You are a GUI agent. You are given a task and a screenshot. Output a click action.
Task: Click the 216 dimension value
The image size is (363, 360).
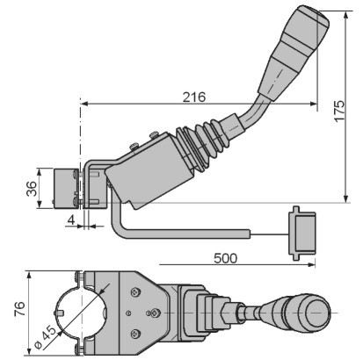(x=194, y=97)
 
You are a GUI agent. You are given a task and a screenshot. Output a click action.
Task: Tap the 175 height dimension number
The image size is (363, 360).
(x=339, y=111)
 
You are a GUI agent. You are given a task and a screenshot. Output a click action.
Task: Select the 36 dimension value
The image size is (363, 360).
(x=32, y=189)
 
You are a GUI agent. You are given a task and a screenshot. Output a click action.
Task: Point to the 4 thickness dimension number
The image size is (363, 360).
(x=71, y=220)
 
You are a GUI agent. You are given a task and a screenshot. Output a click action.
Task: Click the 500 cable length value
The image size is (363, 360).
(x=225, y=258)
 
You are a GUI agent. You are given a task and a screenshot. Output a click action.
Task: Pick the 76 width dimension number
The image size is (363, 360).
(x=19, y=309)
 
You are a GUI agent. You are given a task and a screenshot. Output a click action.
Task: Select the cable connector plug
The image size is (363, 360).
(x=302, y=234)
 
